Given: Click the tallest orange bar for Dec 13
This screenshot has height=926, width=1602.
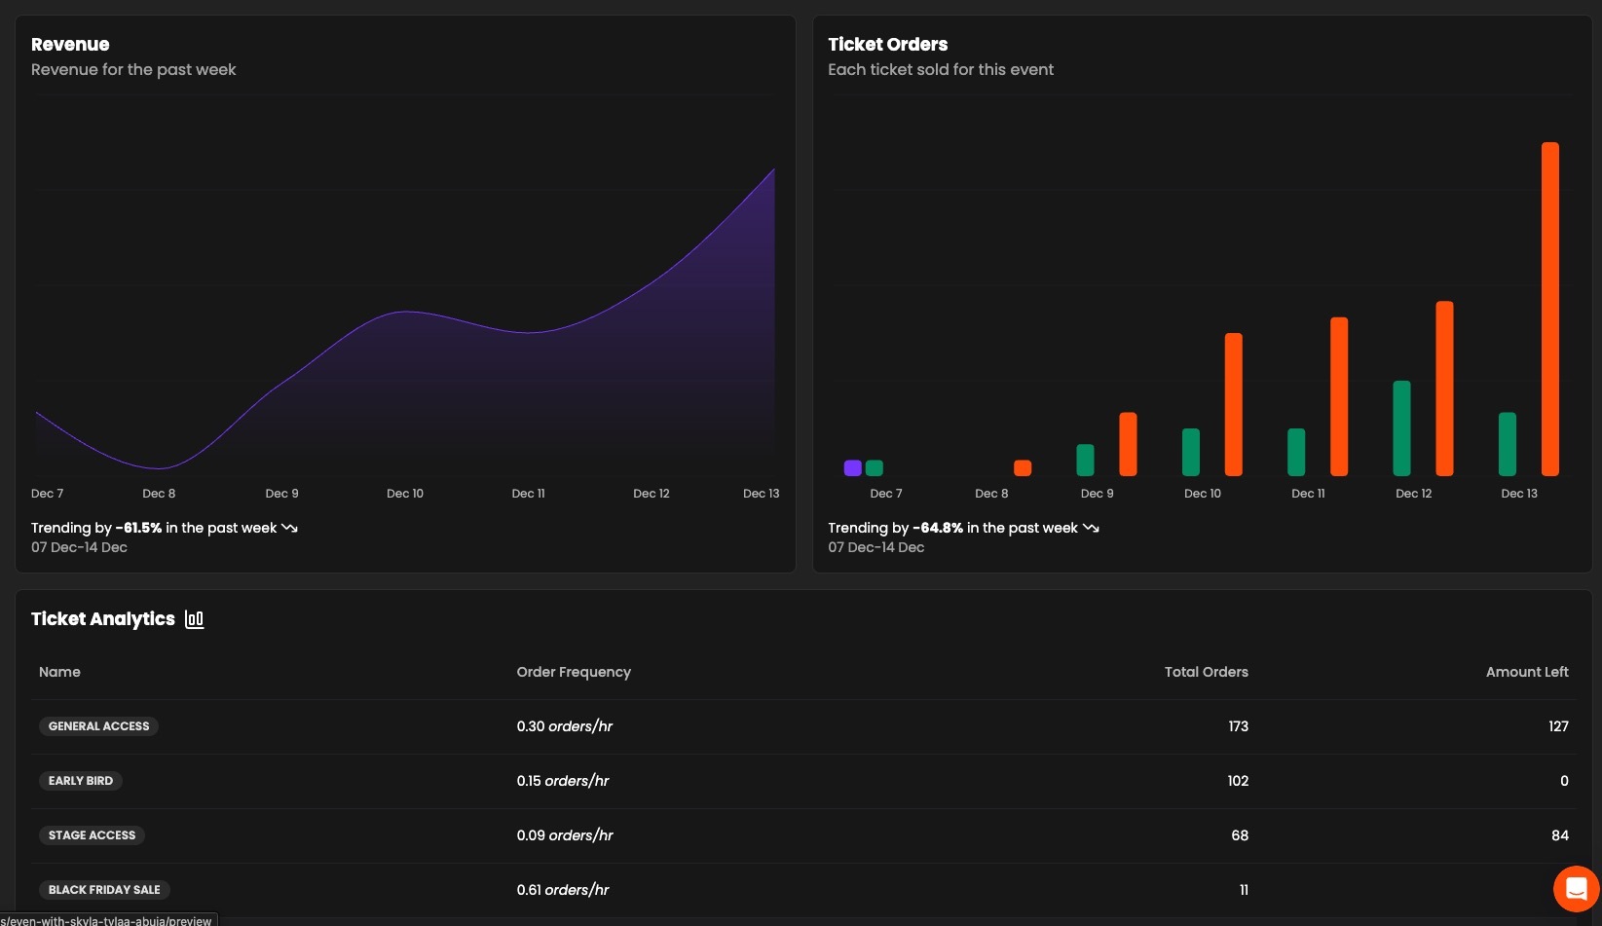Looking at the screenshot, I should (1549, 309).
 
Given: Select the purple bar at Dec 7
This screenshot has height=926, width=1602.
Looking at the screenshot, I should (852, 468).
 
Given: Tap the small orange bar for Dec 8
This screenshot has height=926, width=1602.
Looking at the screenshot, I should (1022, 468).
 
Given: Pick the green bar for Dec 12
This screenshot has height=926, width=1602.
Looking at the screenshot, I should (1401, 427).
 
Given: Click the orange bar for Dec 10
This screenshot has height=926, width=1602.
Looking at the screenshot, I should (1233, 404).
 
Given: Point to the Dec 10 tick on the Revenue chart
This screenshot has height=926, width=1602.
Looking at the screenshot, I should (405, 494).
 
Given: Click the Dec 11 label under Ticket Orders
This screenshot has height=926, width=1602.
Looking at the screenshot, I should (1307, 494).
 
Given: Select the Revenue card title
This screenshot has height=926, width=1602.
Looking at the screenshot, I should (70, 45).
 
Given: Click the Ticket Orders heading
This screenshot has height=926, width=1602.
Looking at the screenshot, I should (887, 45).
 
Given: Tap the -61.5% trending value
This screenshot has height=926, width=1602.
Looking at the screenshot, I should (138, 528).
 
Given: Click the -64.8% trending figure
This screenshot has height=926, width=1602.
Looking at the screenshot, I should (937, 528).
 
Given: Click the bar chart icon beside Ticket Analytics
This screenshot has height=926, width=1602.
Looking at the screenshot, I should (195, 619).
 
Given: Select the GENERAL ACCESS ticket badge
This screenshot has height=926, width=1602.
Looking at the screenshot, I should (98, 726).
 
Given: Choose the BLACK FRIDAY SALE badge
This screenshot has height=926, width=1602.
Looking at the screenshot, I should (104, 890).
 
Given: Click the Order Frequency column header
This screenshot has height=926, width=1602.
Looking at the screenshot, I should (574, 672).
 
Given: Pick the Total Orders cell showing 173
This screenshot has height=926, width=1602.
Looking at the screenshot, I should (1238, 726).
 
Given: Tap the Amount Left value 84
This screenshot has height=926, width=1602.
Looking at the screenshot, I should (1559, 835).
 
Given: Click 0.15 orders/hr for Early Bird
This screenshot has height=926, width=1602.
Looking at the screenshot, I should (563, 781).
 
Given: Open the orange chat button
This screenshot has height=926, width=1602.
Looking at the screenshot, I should (1576, 888).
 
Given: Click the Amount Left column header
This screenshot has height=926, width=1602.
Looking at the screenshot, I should (1526, 672).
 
